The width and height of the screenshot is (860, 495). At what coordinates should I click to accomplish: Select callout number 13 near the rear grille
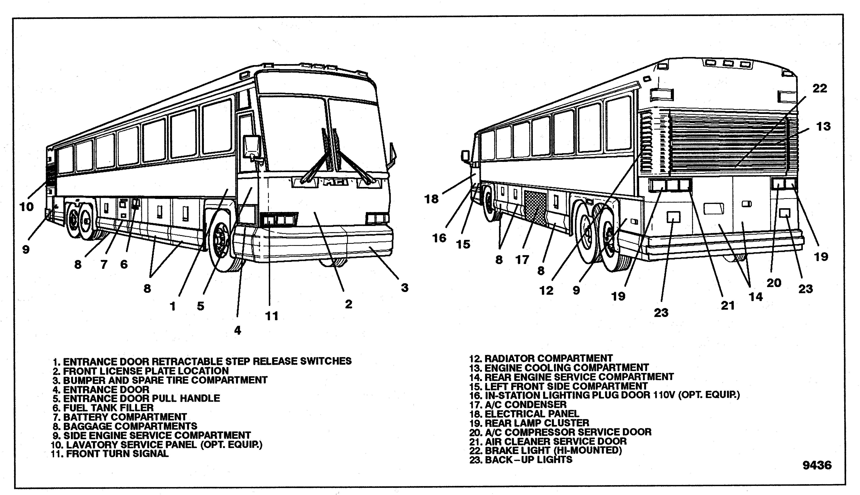click(x=823, y=127)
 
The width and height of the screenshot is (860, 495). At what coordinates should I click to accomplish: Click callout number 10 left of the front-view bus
click(x=26, y=206)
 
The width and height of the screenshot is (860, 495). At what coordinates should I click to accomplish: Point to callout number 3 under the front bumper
click(x=404, y=288)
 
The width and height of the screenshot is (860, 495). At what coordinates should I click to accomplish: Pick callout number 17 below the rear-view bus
click(x=522, y=260)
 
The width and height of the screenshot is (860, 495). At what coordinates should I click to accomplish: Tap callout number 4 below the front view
click(x=238, y=330)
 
